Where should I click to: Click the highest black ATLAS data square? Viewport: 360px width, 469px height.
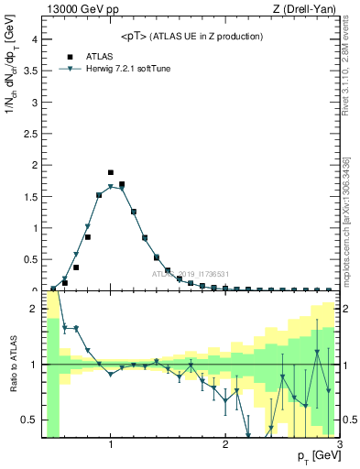(x=111, y=172)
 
